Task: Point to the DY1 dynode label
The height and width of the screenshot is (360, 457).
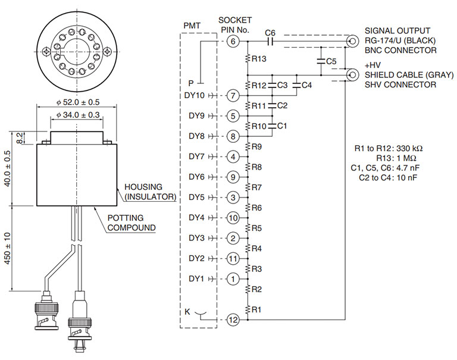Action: click(196, 278)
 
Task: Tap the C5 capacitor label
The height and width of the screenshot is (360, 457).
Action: click(331, 61)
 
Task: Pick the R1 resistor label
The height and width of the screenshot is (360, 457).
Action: click(256, 309)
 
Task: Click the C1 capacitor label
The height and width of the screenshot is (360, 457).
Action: click(282, 126)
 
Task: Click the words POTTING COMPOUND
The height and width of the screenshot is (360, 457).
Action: click(132, 223)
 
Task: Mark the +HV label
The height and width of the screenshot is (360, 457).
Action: click(372, 65)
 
